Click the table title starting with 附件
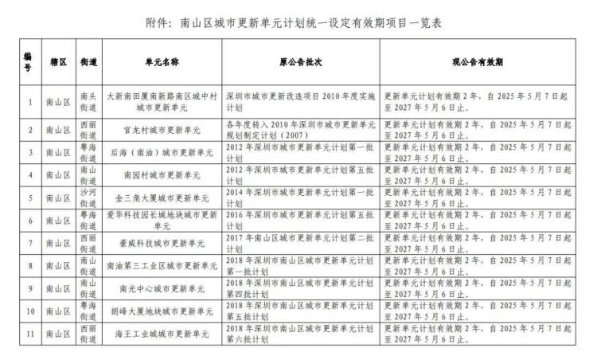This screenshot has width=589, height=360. [x=294, y=22]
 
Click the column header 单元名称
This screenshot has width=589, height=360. [x=162, y=61]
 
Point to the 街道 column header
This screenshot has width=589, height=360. [x=88, y=61]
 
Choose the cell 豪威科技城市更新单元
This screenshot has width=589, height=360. [x=162, y=242]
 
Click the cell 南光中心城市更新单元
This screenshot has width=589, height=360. [x=162, y=288]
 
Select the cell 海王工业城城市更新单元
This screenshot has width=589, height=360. [x=162, y=333]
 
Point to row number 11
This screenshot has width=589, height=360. [x=29, y=333]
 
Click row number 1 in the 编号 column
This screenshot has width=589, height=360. [x=29, y=102]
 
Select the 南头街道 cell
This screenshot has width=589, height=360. [x=88, y=102]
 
